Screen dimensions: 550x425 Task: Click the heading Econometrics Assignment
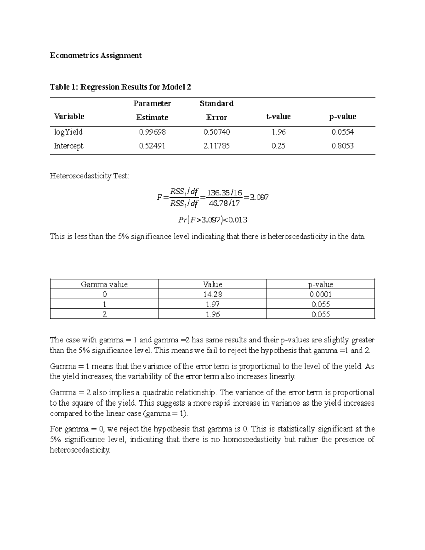click(x=96, y=56)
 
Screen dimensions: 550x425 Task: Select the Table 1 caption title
click(x=120, y=87)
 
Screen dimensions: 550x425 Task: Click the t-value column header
click(x=278, y=117)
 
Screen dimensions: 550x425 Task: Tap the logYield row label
click(x=68, y=132)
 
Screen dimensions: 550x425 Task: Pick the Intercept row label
click(x=68, y=146)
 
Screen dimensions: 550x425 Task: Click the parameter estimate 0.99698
click(x=152, y=132)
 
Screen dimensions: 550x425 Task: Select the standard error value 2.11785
click(x=216, y=146)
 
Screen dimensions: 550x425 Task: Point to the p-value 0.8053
click(x=342, y=146)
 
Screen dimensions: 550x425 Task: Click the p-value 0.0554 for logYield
click(x=342, y=132)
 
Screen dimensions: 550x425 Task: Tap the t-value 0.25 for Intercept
click(x=278, y=146)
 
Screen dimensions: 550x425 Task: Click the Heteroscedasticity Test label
click(x=89, y=176)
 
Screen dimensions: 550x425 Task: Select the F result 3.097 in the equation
click(x=259, y=198)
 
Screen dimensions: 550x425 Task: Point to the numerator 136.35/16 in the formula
click(x=224, y=193)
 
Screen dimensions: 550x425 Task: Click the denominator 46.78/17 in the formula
click(x=224, y=203)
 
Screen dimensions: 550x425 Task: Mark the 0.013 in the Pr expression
click(x=238, y=220)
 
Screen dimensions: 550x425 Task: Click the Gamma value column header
click(x=104, y=284)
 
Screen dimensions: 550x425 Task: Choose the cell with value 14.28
click(x=212, y=294)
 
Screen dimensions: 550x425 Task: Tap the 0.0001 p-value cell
click(x=321, y=294)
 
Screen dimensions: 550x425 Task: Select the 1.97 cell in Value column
click(x=212, y=304)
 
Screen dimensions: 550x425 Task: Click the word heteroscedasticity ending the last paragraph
click(x=80, y=450)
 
